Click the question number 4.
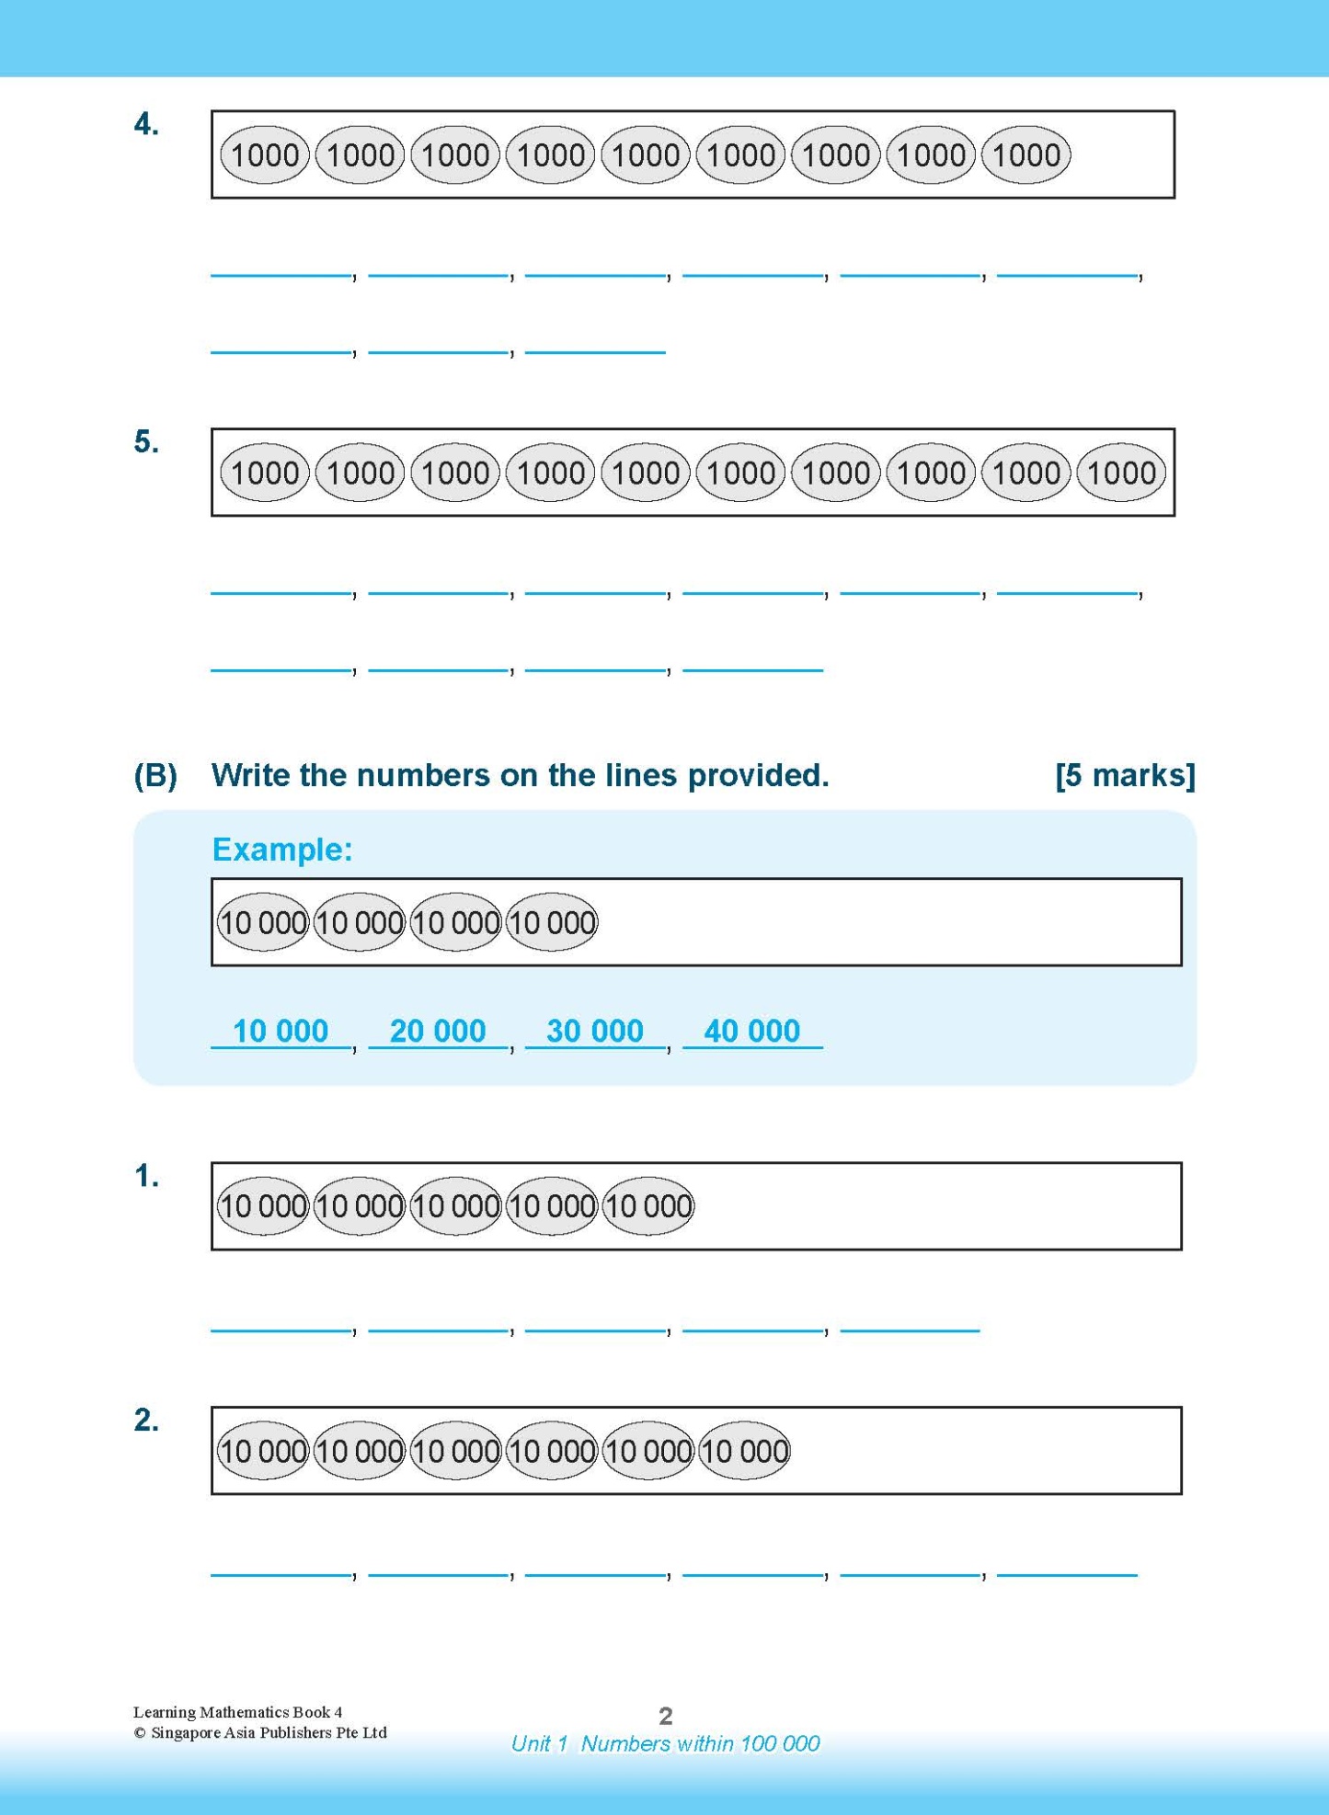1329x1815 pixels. pos(146,124)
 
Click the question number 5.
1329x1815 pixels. pos(146,442)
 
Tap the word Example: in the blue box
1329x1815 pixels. pos(282,850)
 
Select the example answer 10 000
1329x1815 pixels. pos(281,1031)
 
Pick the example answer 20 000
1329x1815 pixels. pos(438,1031)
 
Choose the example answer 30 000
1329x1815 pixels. pos(595,1031)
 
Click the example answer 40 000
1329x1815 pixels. pos(752,1031)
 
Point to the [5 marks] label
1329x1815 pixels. pos(1125,775)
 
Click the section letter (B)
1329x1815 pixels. pos(155,775)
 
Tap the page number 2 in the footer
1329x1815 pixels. pos(666,1716)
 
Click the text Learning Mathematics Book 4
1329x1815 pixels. pos(237,1712)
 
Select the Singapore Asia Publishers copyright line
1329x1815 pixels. pos(260,1733)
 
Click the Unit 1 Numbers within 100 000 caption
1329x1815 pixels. pos(665,1744)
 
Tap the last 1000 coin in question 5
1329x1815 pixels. pos(1121,474)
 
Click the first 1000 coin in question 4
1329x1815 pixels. pos(265,155)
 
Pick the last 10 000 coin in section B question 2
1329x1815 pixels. pos(744,1451)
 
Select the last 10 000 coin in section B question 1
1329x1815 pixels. pos(648,1206)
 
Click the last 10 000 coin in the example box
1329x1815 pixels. pos(552,922)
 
